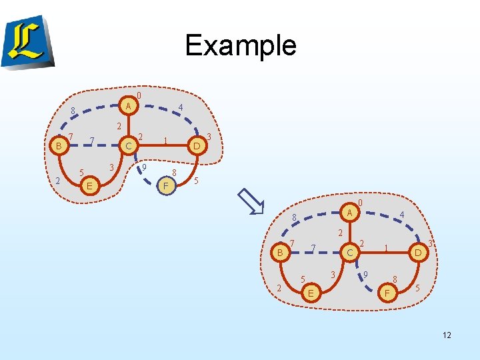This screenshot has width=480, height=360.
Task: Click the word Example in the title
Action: pyautogui.click(x=240, y=45)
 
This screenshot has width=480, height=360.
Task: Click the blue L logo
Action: pyautogui.click(x=27, y=41)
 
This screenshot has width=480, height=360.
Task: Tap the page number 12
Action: pyautogui.click(x=447, y=335)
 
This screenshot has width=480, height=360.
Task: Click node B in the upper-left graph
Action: pyautogui.click(x=59, y=145)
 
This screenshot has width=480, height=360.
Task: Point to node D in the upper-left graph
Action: pyautogui.click(x=197, y=145)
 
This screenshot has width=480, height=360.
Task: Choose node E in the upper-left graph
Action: pyautogui.click(x=89, y=185)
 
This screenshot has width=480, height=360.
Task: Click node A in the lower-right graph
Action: pyautogui.click(x=349, y=213)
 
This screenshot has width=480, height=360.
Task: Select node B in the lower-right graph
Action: pyautogui.click(x=281, y=253)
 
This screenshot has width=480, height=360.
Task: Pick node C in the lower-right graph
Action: pyautogui.click(x=349, y=253)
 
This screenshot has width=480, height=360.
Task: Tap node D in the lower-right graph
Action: pyautogui.click(x=417, y=253)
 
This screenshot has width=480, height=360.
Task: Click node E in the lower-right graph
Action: pyautogui.click(x=310, y=293)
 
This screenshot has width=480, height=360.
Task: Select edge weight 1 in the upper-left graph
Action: pyautogui.click(x=165, y=141)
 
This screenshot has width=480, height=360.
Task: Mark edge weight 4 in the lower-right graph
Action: pyautogui.click(x=401, y=215)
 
